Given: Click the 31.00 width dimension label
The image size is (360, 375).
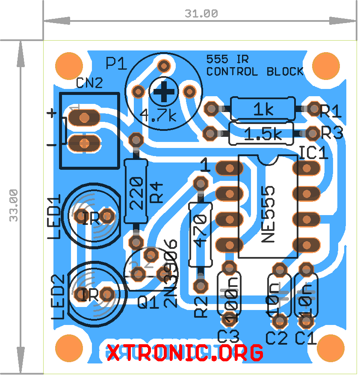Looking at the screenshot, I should pyautogui.click(x=201, y=13).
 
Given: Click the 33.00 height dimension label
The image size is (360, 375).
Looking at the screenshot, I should pyautogui.click(x=14, y=205).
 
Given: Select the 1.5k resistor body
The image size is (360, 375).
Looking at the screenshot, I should pyautogui.click(x=261, y=133).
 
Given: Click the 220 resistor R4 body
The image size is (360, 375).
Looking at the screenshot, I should pyautogui.click(x=136, y=191).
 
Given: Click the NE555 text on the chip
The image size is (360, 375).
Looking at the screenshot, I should pyautogui.click(x=269, y=214).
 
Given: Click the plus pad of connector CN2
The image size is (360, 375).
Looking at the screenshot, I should pyautogui.click(x=84, y=117).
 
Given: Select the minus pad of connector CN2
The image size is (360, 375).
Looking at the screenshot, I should pyautogui.click(x=84, y=143).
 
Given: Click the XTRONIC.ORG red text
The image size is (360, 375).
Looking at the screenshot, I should pyautogui.click(x=185, y=353).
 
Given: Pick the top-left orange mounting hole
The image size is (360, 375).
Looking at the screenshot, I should pyautogui.click(x=69, y=66).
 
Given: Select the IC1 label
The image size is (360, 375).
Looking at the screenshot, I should pyautogui.click(x=313, y=153).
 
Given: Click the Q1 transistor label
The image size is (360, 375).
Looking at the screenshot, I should pyautogui.click(x=148, y=303).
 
